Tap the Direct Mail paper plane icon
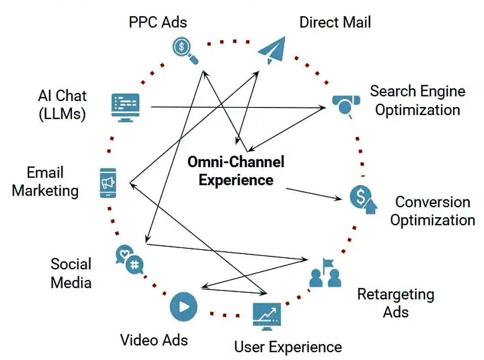point(272,50)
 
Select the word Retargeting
point(395,294)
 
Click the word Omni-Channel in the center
point(236,162)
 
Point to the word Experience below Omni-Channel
point(236,180)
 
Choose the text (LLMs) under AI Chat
point(63,114)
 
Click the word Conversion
point(432,202)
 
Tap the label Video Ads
point(154,340)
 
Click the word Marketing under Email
point(45,190)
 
